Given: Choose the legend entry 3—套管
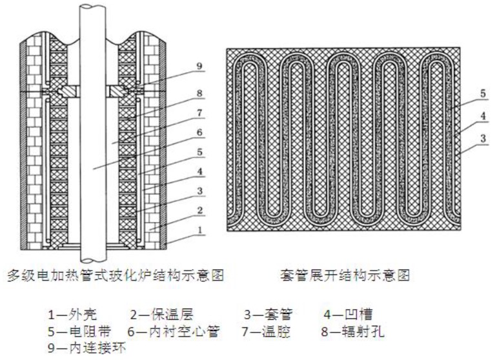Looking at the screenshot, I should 269,315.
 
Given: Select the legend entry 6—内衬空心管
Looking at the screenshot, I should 174,332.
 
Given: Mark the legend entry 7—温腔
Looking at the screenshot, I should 269,332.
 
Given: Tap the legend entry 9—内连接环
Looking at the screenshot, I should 87,349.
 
